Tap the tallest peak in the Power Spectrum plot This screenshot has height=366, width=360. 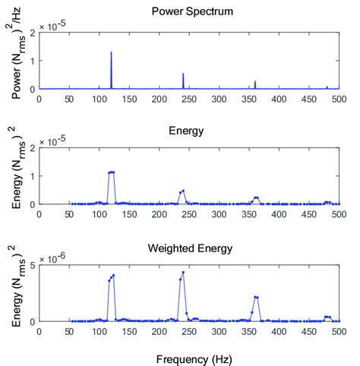pyautogui.click(x=111, y=52)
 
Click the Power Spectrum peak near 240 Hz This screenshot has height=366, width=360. pyautogui.click(x=183, y=74)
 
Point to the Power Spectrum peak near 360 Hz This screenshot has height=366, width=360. pyautogui.click(x=255, y=81)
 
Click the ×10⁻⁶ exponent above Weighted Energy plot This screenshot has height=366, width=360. pyautogui.click(x=56, y=257)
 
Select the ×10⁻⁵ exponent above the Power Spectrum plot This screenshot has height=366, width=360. pyautogui.click(x=56, y=25)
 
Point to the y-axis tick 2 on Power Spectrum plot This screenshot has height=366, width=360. pyautogui.click(x=30, y=33)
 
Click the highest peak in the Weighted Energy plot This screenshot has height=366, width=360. pyautogui.click(x=183, y=272)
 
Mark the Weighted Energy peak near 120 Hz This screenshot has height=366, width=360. pyautogui.click(x=112, y=276)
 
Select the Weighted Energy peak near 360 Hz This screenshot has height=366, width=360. pyautogui.click(x=256, y=297)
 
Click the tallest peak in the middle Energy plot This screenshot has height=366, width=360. pyautogui.click(x=112, y=172)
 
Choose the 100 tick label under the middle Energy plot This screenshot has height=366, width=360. pyautogui.click(x=99, y=214)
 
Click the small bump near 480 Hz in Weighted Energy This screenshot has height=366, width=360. pyautogui.click(x=327, y=317)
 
